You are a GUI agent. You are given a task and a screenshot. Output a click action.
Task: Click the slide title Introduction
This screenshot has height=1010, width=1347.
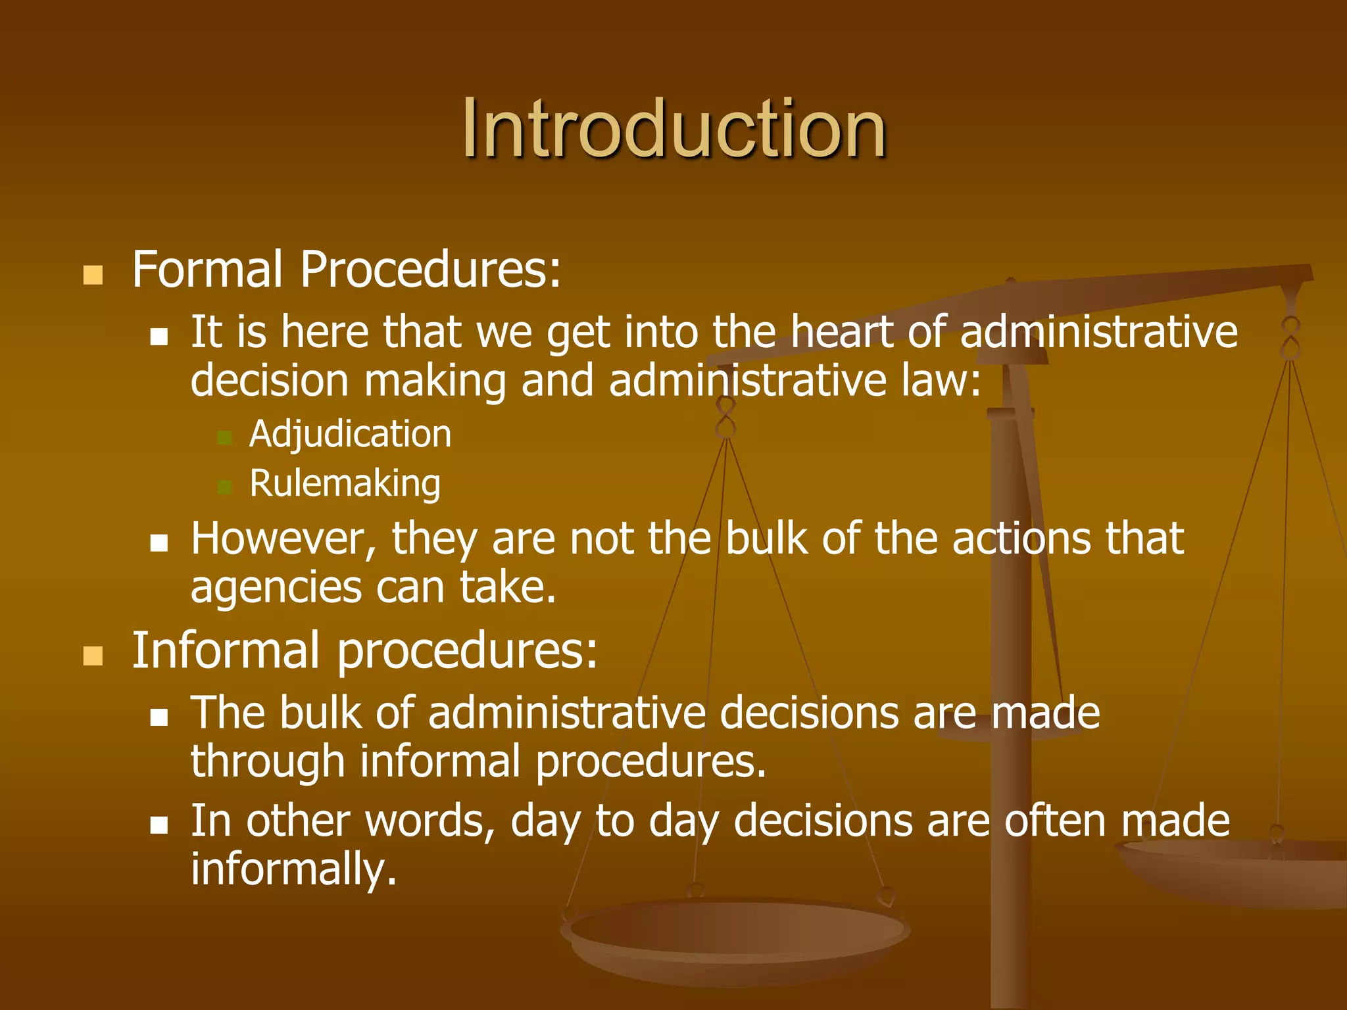[673, 128]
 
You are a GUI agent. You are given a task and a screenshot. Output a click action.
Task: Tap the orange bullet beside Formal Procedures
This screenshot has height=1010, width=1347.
[93, 275]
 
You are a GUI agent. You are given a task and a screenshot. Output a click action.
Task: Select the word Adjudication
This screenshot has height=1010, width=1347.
[350, 435]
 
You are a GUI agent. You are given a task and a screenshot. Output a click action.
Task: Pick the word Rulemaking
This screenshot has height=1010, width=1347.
[345, 485]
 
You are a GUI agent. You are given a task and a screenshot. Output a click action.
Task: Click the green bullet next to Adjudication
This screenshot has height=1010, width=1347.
[224, 438]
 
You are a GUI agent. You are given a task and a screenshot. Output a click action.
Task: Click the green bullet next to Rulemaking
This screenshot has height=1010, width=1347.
[224, 487]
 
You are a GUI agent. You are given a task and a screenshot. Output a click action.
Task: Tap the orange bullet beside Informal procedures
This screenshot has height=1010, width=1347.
[93, 656]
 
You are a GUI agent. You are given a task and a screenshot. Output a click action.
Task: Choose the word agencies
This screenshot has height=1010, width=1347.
[276, 587]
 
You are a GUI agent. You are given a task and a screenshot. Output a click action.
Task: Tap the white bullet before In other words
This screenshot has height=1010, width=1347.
[159, 825]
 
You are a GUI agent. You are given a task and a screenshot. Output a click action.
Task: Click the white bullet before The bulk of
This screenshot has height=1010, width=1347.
[159, 717]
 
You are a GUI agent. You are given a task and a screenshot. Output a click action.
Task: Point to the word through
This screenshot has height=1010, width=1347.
[268, 761]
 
